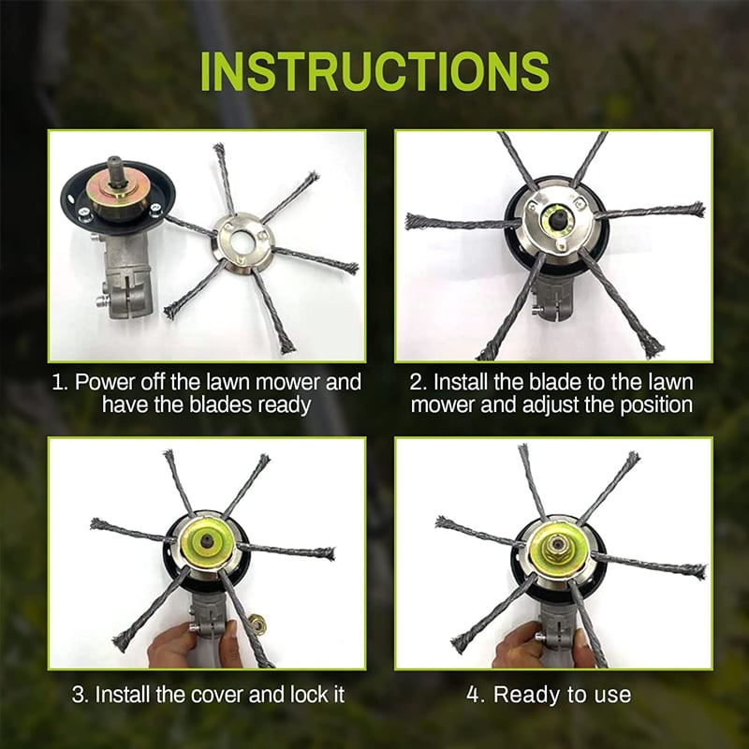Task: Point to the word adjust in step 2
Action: click(569, 405)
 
